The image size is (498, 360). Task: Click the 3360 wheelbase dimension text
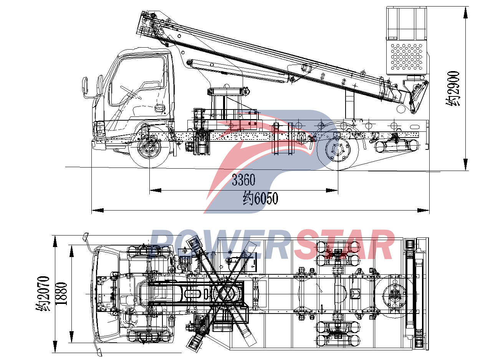pos(243,180)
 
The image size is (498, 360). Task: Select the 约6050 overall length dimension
pos(260,199)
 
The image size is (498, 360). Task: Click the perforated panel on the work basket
pos(407,56)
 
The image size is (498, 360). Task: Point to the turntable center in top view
pos(225,294)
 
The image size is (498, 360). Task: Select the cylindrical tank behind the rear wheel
pos(397,146)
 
